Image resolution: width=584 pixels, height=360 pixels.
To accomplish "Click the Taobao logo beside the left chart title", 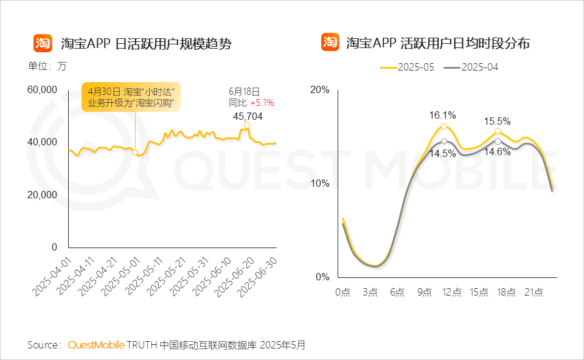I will [42, 43].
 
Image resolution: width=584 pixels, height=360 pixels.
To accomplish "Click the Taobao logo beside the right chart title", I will [330, 43].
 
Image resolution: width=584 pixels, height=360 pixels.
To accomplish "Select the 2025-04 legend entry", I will [471, 67].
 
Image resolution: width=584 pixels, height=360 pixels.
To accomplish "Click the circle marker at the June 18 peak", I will [247, 125].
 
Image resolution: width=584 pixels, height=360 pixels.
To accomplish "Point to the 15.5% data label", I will [498, 120].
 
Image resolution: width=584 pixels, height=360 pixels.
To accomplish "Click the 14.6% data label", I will [498, 153].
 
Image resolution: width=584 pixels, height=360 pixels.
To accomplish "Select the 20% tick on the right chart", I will [320, 90].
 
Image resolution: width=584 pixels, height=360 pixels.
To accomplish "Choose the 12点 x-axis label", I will [453, 292].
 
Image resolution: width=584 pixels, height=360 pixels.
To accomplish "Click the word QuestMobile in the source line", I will [96, 345].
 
